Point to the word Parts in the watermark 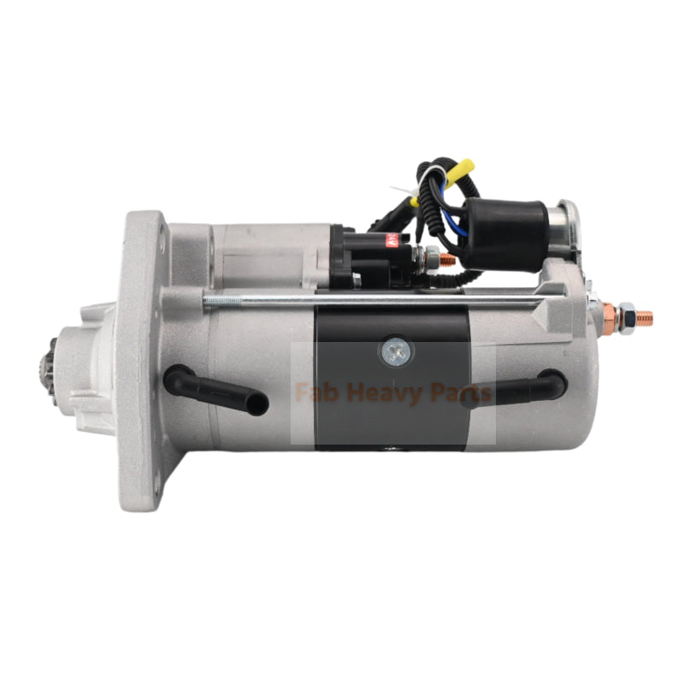[463, 393]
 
